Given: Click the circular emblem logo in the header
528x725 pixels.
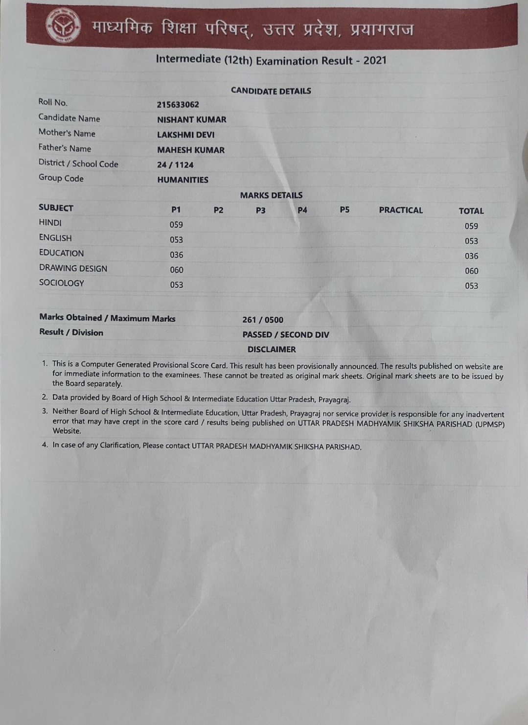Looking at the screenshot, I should point(63,26).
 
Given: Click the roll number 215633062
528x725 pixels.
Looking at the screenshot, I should point(178,105).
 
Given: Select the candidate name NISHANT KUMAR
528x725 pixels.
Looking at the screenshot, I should point(191,120).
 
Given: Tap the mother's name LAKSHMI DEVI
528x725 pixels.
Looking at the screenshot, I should point(185,135).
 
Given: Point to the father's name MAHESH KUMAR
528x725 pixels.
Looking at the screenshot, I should point(190,150).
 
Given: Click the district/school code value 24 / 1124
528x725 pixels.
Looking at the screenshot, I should point(175,165).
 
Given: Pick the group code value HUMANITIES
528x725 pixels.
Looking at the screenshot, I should point(183,180).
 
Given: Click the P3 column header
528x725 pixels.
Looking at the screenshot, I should point(260,210).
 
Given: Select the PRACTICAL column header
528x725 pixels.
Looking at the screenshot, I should point(400,210).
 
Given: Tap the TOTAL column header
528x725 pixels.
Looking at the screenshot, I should point(471,211).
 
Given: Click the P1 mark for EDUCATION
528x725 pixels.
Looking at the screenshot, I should point(176,255).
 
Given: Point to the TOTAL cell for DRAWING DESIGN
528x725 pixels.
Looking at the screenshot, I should point(471,271).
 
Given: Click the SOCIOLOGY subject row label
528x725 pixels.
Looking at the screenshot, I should point(62,283).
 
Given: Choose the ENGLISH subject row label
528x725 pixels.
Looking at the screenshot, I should point(55,238).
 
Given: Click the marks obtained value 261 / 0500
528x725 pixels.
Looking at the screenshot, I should point(263,320).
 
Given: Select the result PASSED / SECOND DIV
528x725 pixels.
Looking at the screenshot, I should point(286,335).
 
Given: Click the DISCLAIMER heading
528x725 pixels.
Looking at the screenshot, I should point(272,350).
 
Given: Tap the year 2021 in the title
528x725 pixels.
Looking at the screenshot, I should point(374,61).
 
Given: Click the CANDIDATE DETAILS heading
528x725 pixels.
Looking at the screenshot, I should point(271,91).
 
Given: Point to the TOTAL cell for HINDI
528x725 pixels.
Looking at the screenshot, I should point(471,226).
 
